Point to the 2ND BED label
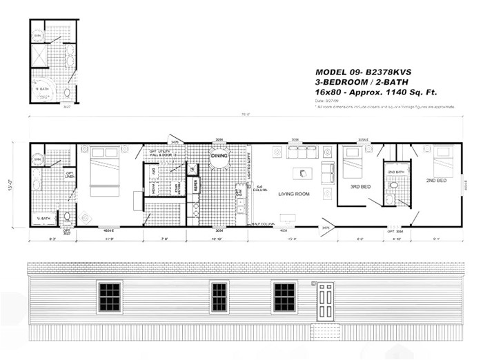tap(436, 181)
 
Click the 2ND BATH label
tap(395, 171)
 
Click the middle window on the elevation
tap(219, 297)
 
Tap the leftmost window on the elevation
tap(110, 297)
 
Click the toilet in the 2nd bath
tap(393, 185)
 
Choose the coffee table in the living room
tap(302, 172)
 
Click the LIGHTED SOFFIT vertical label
tap(249, 166)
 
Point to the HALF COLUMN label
tap(263, 223)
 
